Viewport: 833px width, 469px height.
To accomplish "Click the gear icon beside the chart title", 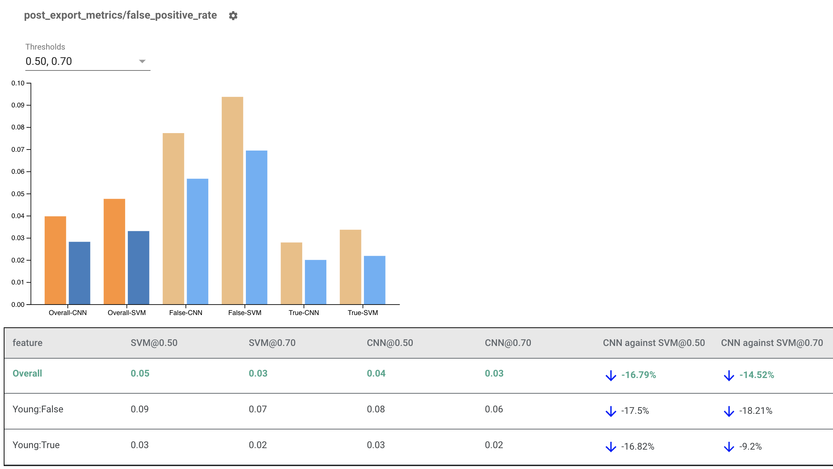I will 233,16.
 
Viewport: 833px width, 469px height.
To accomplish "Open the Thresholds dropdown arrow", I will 142,62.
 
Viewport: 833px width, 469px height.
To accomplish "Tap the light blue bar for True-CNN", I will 316,282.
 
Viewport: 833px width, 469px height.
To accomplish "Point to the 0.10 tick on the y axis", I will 18,83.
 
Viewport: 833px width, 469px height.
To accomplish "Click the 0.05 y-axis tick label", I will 18,194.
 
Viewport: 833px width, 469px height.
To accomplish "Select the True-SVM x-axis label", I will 362,313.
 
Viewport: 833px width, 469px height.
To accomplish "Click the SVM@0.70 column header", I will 272,343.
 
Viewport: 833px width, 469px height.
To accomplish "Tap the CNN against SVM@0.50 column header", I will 654,343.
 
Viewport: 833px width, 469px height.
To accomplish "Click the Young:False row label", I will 38,409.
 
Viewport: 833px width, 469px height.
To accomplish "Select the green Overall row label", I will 27,374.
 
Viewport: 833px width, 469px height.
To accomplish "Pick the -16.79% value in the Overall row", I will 639,375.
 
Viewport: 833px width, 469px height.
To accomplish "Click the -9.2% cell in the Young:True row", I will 750,447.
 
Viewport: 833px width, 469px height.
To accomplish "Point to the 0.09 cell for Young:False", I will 140,409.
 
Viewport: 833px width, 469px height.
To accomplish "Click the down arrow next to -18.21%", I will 729,411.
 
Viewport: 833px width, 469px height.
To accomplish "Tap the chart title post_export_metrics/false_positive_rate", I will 120,15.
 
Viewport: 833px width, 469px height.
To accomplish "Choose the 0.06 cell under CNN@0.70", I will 494,409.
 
